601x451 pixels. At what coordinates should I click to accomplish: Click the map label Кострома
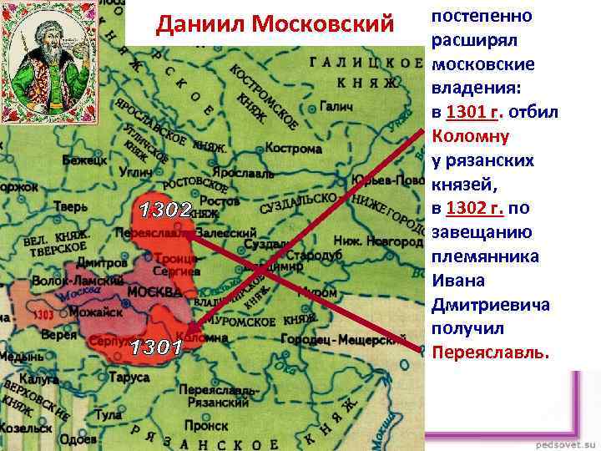[293, 149]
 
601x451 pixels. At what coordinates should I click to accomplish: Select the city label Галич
[335, 108]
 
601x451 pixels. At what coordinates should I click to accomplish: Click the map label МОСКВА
[154, 292]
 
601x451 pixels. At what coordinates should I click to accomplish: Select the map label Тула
[109, 415]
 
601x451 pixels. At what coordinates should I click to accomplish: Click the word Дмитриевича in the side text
[490, 305]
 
